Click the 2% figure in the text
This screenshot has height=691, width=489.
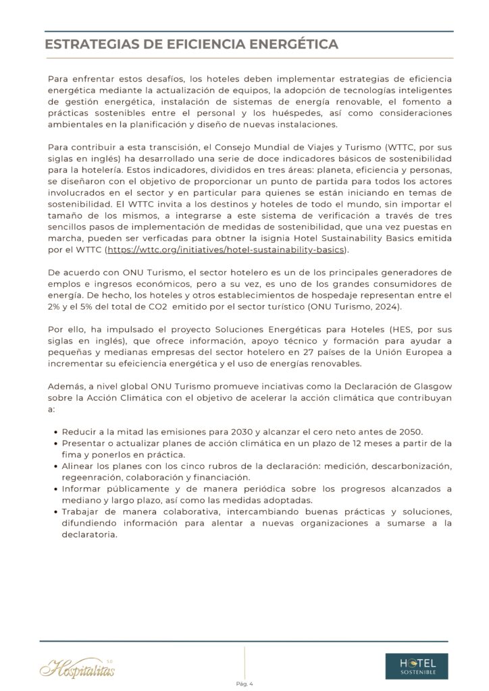coord(53,307)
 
